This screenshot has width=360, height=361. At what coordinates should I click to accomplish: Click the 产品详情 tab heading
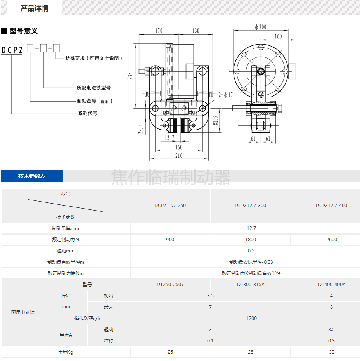(35, 8)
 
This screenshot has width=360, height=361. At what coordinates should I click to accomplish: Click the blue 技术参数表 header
(32, 176)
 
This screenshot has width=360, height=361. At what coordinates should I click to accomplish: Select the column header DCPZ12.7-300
(250, 206)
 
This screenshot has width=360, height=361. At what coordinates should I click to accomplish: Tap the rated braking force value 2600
(331, 240)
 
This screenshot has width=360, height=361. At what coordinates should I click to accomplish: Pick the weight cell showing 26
(170, 352)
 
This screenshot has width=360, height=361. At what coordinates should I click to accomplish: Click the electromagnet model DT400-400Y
(331, 285)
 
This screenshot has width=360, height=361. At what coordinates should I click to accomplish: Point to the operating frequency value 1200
(251, 318)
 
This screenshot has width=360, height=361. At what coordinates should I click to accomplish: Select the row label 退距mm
(66, 251)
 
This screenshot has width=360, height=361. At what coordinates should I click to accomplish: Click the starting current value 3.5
(331, 330)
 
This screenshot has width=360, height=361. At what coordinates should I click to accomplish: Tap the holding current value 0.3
(331, 341)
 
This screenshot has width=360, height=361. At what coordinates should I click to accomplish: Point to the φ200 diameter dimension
(260, 27)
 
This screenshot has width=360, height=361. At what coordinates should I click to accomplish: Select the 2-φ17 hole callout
(226, 95)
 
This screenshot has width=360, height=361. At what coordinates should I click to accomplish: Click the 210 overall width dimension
(178, 156)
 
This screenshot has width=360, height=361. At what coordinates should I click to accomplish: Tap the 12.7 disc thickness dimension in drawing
(170, 138)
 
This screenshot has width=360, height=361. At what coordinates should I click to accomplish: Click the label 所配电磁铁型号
(93, 88)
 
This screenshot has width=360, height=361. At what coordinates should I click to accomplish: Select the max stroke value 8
(331, 307)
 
